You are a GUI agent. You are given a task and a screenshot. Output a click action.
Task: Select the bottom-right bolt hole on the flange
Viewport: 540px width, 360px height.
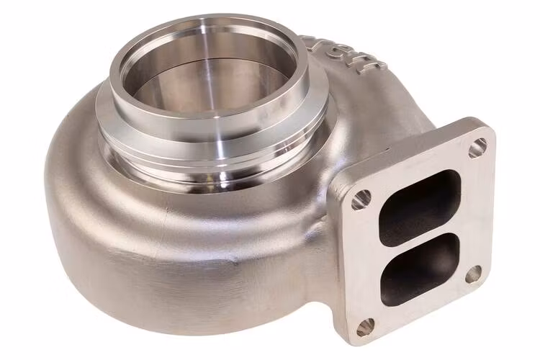click(473, 274)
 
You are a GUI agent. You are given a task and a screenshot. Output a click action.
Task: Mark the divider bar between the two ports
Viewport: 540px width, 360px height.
click(422, 235)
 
